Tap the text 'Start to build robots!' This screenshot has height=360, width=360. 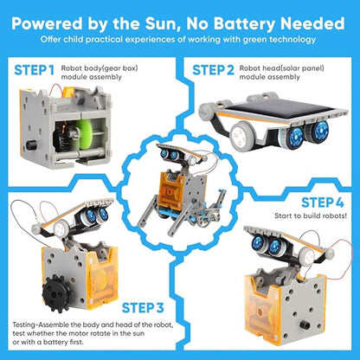(312, 217)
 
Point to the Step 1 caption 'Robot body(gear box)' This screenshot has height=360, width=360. (100, 64)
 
